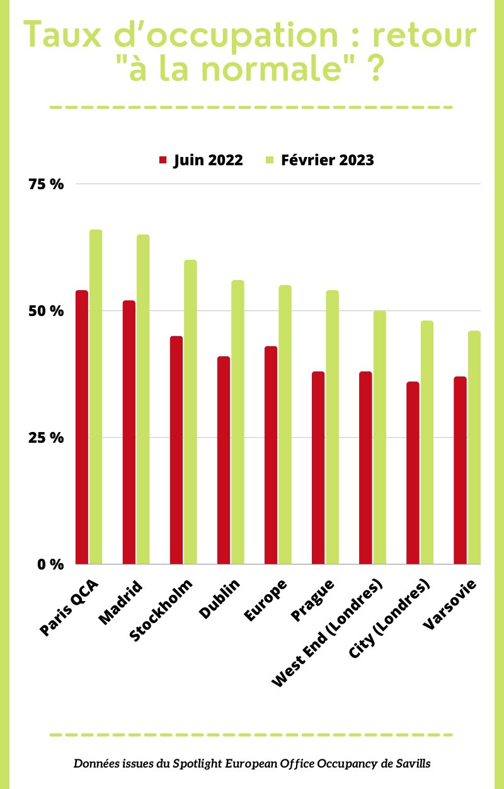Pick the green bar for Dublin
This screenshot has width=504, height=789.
[x=238, y=422]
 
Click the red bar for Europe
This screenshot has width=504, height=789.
[x=271, y=455]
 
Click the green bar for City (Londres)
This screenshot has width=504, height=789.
[x=427, y=442]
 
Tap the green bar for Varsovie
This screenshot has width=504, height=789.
[x=474, y=447]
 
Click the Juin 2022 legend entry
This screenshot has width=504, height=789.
[x=200, y=160]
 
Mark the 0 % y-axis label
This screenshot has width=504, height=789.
[x=50, y=564]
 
